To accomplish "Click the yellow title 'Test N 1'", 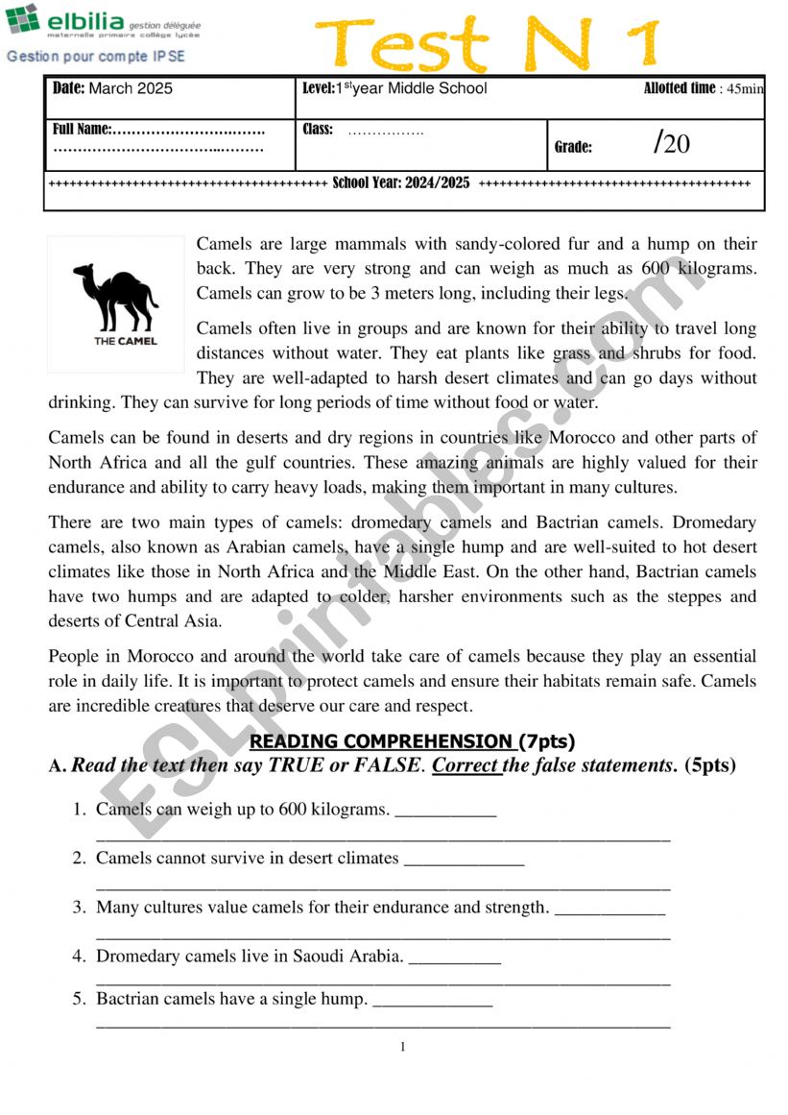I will [x=488, y=44].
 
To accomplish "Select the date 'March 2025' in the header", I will [x=131, y=88].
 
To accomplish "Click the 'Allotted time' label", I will [x=680, y=88].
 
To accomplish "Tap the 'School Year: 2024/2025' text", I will [x=401, y=182].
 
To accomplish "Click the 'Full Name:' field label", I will [x=83, y=129].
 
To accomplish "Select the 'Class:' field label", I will [x=318, y=129].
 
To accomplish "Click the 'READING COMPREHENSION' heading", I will [x=381, y=741].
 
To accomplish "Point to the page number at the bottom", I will [x=403, y=1047].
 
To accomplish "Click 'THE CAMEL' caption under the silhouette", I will [x=126, y=341].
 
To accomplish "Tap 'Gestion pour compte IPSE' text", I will [x=96, y=57].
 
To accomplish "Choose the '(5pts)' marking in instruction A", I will [x=710, y=765].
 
